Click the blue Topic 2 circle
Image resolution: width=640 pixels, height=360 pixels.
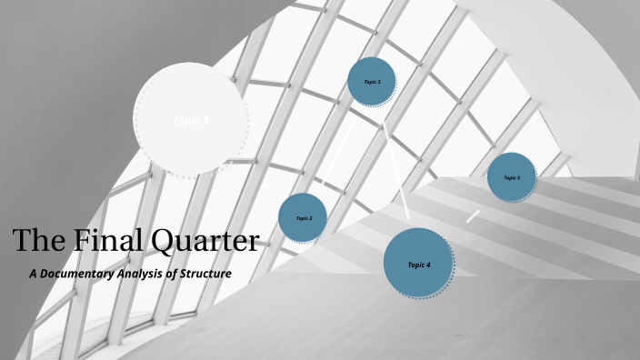303,218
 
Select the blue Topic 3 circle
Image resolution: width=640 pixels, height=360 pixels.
372,82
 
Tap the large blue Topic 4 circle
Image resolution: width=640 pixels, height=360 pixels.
418,264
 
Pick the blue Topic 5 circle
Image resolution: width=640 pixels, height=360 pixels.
512,177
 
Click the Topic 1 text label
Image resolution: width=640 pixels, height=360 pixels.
191,121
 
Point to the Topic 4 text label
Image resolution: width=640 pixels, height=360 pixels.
418,265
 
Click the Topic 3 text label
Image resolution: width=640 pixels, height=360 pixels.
372,82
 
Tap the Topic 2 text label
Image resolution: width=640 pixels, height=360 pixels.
304,219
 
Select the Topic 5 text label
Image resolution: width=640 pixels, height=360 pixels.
512,178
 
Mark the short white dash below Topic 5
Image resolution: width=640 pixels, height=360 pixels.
473,216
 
